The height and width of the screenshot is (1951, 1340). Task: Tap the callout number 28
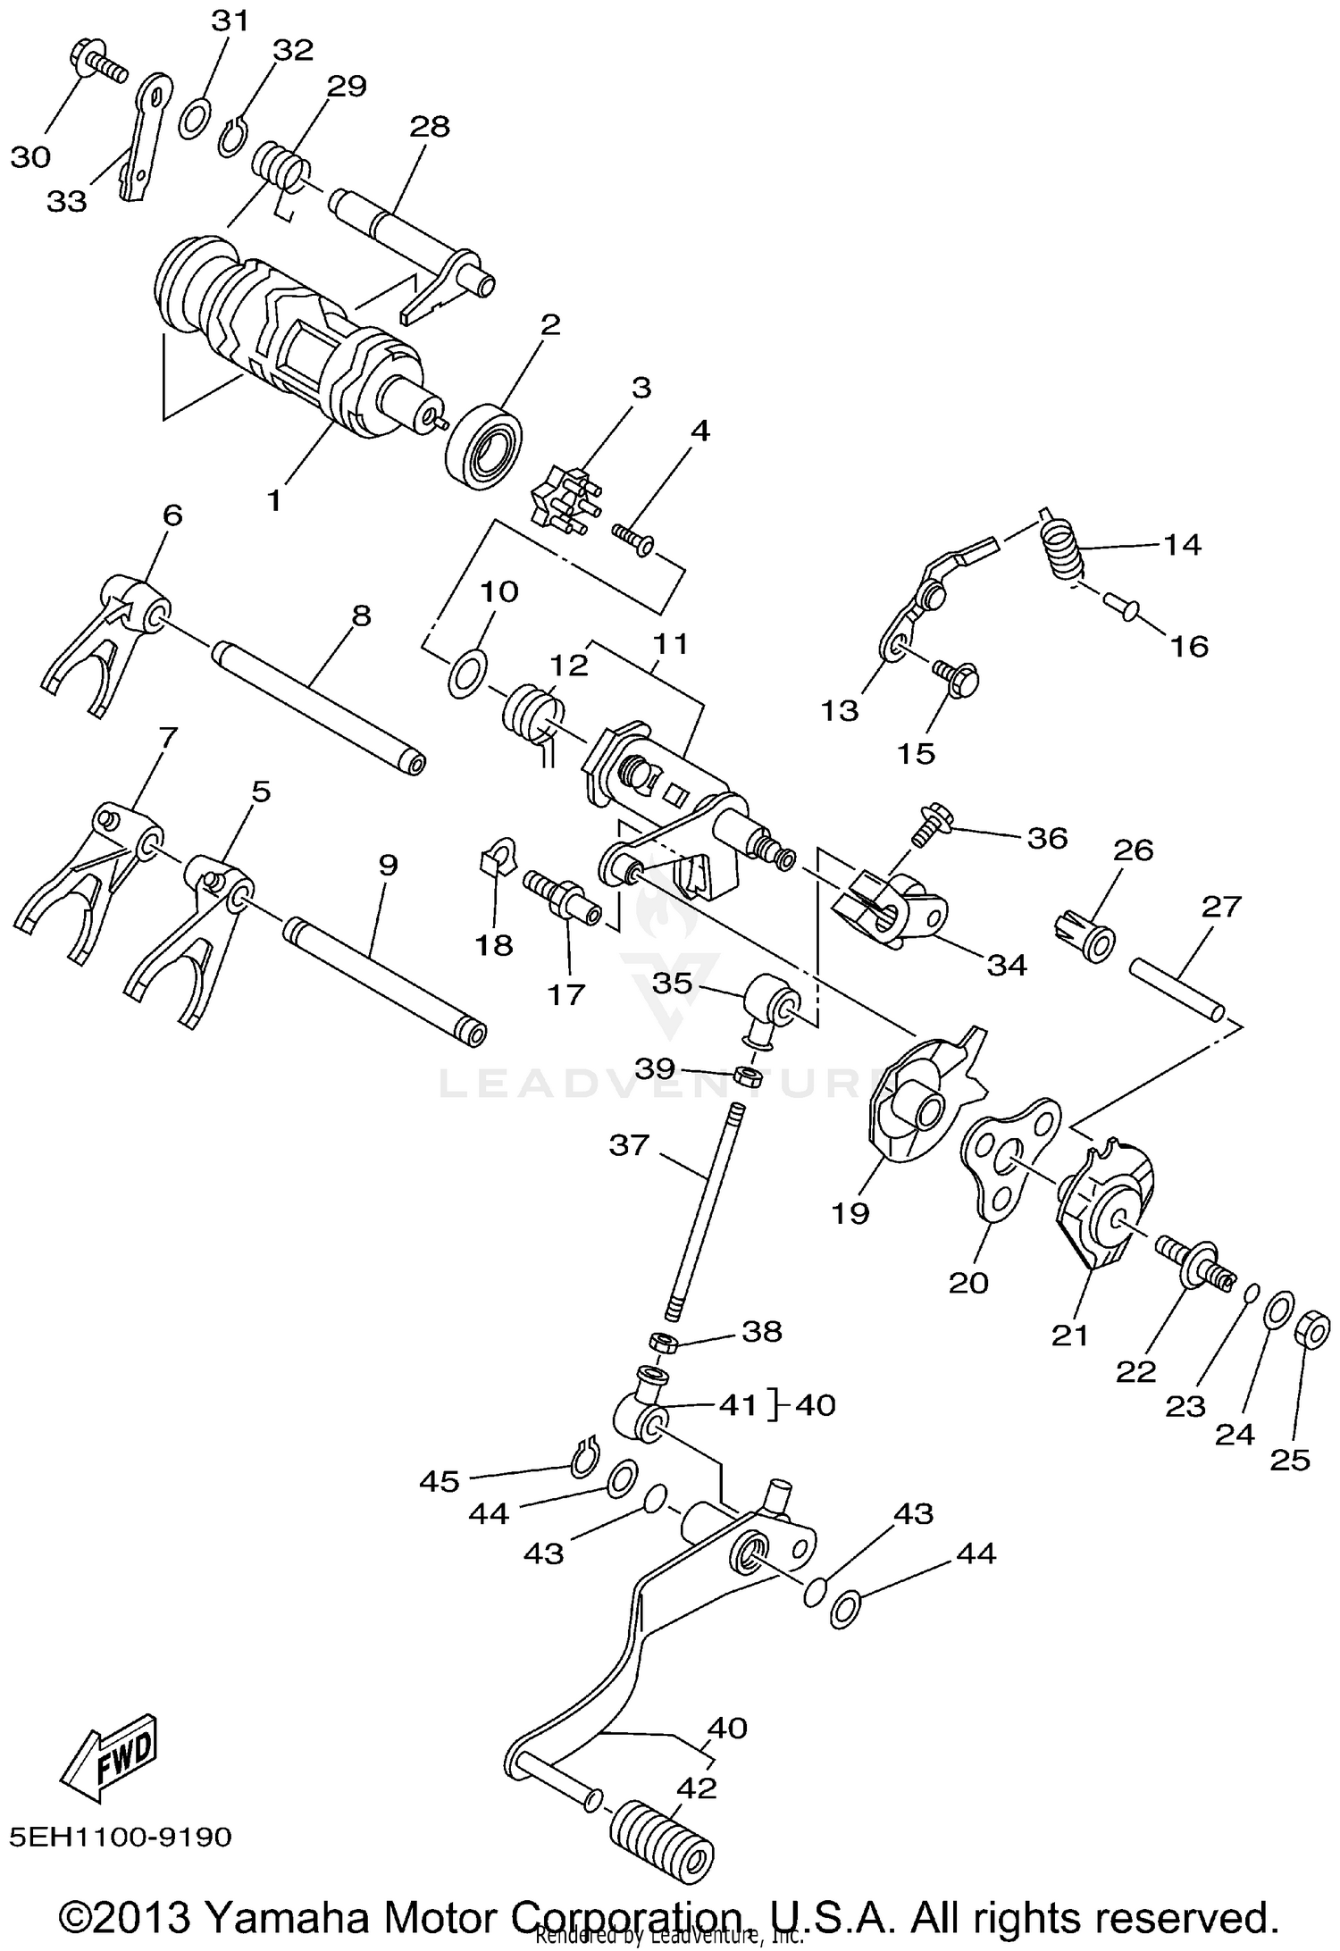[429, 126]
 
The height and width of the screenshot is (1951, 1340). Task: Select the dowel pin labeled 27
[1177, 987]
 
